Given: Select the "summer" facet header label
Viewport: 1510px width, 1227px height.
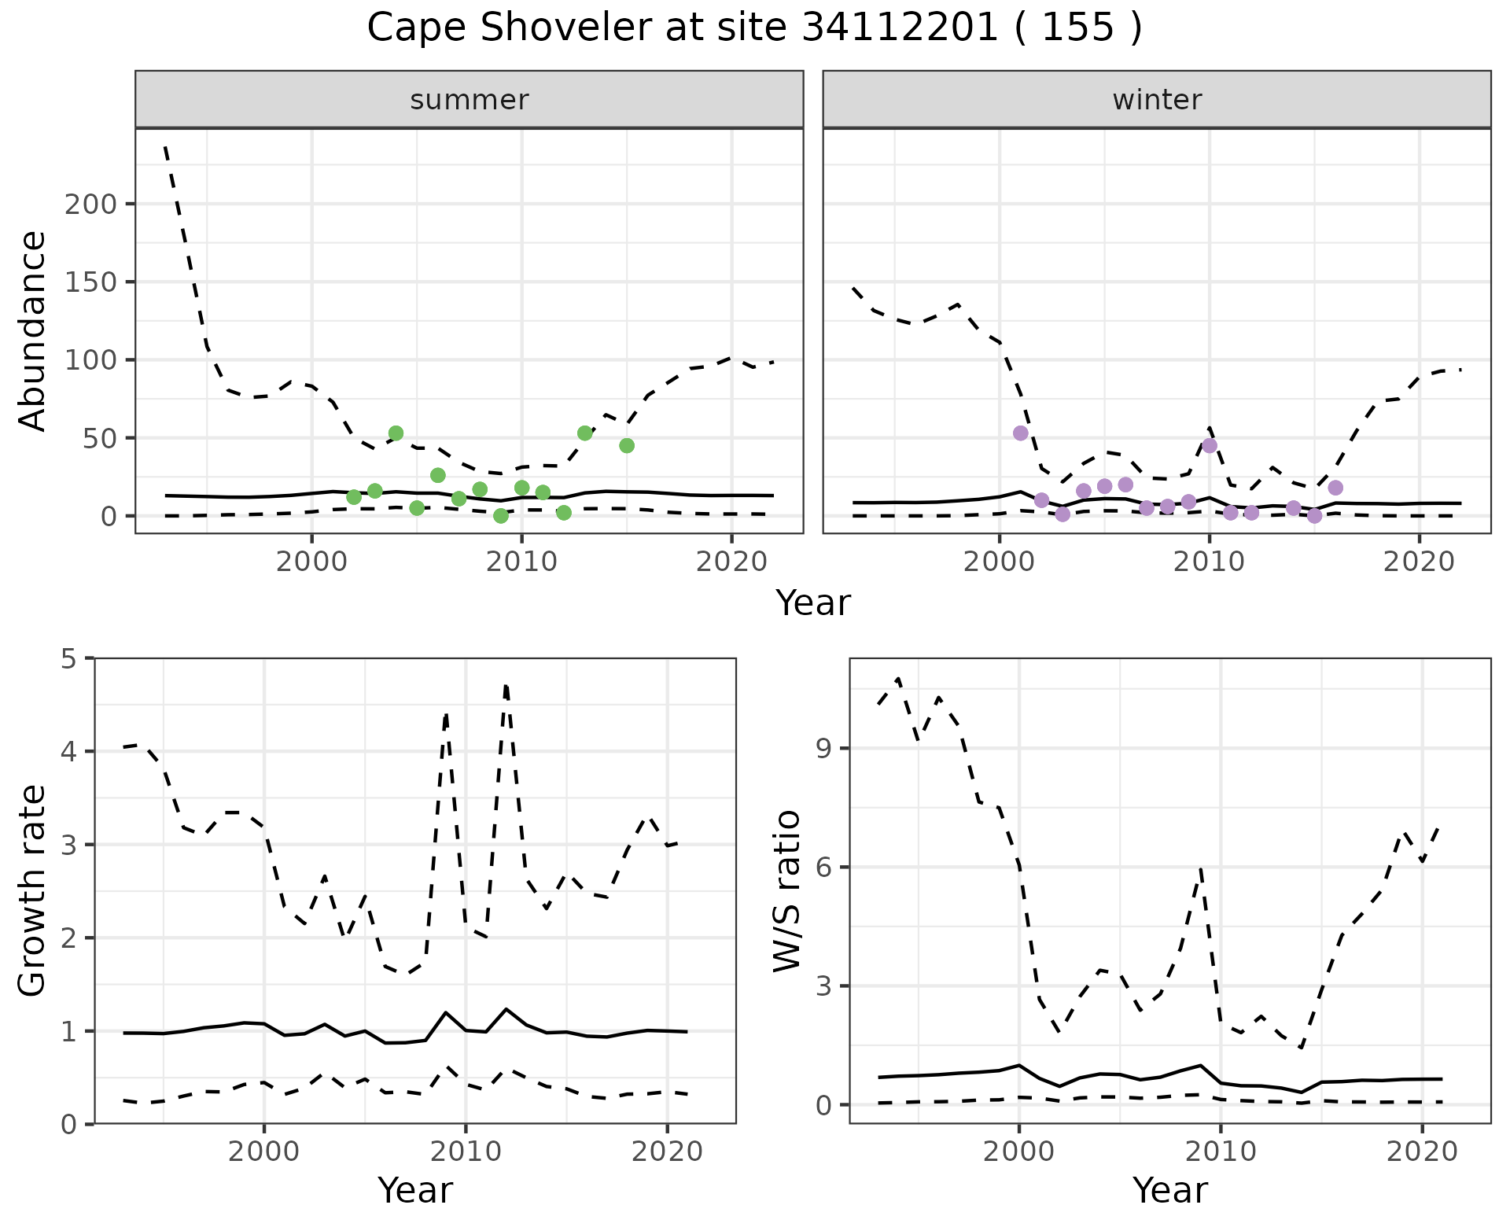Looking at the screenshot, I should click(x=470, y=100).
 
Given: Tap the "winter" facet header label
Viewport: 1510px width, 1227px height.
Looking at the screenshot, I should click(x=1157, y=100).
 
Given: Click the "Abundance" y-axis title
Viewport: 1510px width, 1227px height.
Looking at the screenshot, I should click(x=33, y=331).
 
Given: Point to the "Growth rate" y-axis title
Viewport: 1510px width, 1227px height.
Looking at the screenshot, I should click(x=33, y=891).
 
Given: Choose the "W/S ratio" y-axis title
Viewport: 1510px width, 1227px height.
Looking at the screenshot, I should click(x=786, y=891).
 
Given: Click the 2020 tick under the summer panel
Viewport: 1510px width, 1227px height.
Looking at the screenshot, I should click(x=731, y=563).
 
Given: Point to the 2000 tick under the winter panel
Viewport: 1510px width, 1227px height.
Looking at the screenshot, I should click(x=1000, y=563).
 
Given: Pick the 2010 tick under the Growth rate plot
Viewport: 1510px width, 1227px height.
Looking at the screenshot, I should click(x=466, y=1152).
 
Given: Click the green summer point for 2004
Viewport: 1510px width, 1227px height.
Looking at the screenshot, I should click(x=396, y=433).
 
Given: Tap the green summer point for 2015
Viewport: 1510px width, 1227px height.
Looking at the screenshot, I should click(x=627, y=446).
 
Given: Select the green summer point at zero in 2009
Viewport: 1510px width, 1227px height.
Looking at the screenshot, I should click(x=501, y=516).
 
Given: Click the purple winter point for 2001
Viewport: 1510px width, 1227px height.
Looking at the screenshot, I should click(x=1021, y=433).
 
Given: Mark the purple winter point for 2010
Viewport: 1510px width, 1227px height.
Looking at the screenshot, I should click(x=1210, y=446).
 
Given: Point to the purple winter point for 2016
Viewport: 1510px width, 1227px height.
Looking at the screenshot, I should click(x=1335, y=488).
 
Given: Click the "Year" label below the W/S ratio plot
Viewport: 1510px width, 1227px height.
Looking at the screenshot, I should click(x=1170, y=1191).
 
